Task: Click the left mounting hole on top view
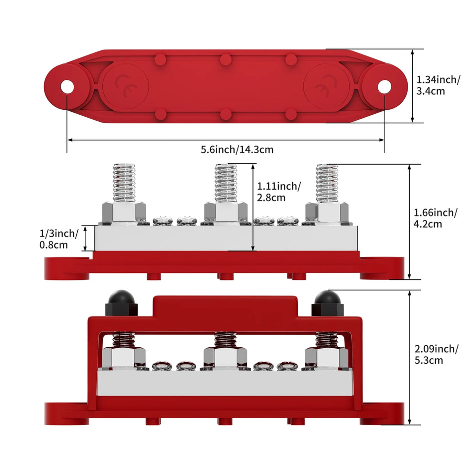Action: pos(67,87)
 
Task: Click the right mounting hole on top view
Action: pos(384,87)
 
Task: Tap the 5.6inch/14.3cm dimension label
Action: pos(237,149)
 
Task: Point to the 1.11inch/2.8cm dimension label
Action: pos(278,192)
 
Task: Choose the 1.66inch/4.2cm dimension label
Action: pos(436,218)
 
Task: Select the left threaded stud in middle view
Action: pos(124,183)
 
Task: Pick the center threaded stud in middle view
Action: pos(226,183)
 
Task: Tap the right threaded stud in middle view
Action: pos(327,183)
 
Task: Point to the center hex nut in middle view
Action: pos(226,213)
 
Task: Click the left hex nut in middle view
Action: pos(123,213)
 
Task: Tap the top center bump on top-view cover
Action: pos(226,59)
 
